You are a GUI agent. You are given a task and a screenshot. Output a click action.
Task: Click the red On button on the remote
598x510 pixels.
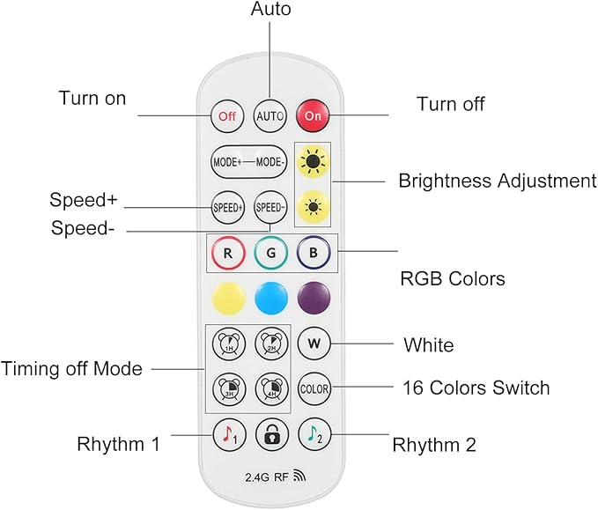(x=312, y=115)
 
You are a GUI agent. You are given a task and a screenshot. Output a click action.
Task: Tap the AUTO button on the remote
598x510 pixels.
(x=269, y=115)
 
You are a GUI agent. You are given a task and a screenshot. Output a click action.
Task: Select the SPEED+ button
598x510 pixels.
(x=227, y=208)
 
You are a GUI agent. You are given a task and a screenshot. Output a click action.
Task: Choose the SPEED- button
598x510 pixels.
(x=270, y=208)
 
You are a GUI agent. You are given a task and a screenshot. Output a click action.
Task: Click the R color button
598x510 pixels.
(x=227, y=253)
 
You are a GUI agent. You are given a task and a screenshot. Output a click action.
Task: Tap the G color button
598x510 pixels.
(x=270, y=253)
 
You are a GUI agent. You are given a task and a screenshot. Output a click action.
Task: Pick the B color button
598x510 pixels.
(x=313, y=253)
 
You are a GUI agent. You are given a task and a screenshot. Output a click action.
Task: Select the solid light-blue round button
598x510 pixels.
(x=271, y=298)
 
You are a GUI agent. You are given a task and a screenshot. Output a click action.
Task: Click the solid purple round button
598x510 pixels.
(x=313, y=298)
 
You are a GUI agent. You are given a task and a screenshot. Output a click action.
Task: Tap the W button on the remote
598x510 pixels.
(x=314, y=343)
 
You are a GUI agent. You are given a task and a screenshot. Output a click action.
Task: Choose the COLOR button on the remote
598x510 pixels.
(x=314, y=388)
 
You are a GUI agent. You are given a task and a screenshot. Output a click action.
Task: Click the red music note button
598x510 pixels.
(x=227, y=433)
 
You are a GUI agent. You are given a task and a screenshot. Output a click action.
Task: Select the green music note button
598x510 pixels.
(x=314, y=433)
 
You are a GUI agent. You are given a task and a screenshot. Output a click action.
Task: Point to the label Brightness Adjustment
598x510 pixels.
(x=498, y=181)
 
